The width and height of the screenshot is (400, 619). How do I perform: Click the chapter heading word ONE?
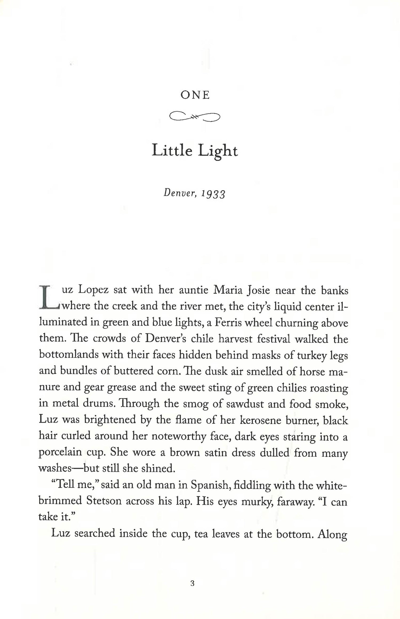point(195,95)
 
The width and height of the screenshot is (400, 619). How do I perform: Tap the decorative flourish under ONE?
point(195,116)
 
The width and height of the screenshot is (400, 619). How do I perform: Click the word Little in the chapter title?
point(172,151)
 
